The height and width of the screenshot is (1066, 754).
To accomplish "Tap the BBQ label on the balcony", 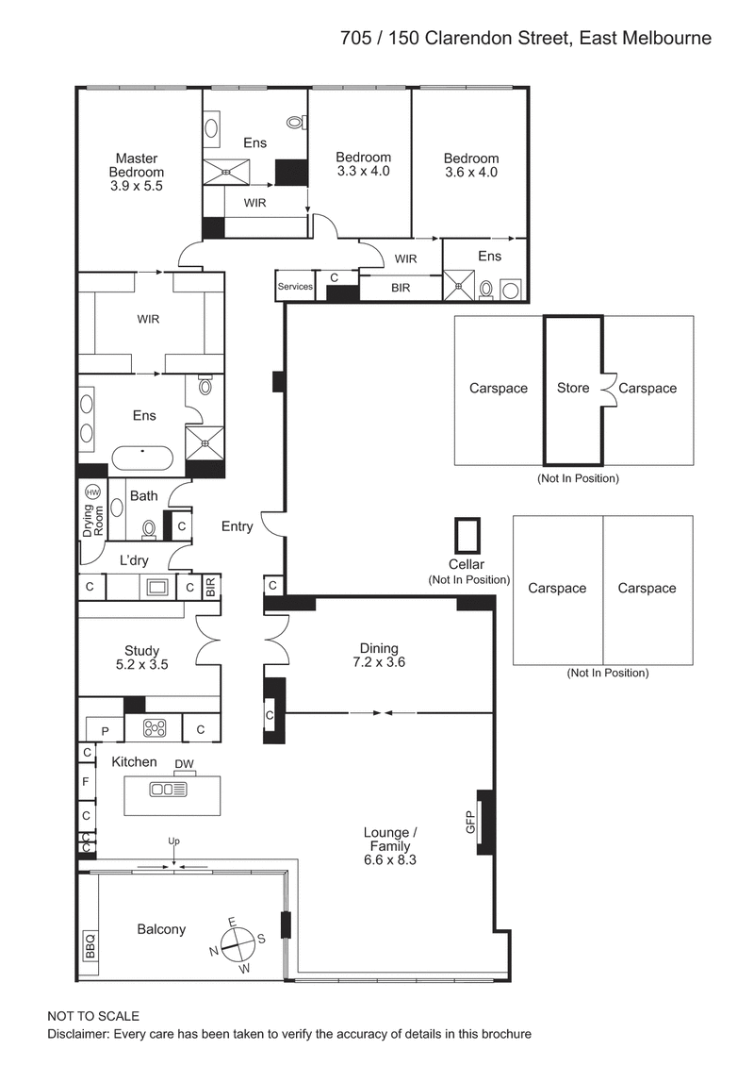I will point(90,944).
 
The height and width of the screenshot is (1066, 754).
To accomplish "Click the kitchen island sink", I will point(168,790).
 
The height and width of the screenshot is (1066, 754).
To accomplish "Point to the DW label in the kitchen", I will point(184,763).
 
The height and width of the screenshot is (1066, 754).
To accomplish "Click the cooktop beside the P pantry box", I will point(154,727).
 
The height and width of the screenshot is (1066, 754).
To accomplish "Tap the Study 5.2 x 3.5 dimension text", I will point(141,664).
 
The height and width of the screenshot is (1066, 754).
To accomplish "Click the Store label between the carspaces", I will point(572,388).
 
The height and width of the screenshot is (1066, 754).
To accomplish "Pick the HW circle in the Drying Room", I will point(92,492).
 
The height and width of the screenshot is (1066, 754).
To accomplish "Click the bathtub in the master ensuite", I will point(143,458).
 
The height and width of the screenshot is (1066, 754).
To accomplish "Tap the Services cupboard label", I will point(294,287).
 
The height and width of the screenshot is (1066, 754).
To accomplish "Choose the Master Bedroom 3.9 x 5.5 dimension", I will point(137,187).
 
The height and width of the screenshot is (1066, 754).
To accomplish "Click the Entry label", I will point(237,526).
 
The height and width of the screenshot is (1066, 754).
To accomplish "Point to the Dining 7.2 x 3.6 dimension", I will point(379,662).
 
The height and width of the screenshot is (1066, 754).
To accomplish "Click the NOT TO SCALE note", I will point(93,1016).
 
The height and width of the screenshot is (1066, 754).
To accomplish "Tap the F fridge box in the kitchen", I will point(86,782).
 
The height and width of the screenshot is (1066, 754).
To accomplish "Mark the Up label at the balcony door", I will point(172,840).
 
